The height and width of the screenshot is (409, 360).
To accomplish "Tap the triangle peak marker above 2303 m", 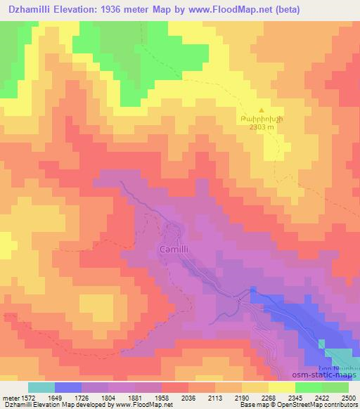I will click(x=262, y=111).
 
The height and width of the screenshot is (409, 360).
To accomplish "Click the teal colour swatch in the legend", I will click(x=41, y=387).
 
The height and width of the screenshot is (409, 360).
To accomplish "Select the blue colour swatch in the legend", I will click(x=68, y=387).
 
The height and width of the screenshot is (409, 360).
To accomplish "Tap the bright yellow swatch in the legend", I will click(x=281, y=387).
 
